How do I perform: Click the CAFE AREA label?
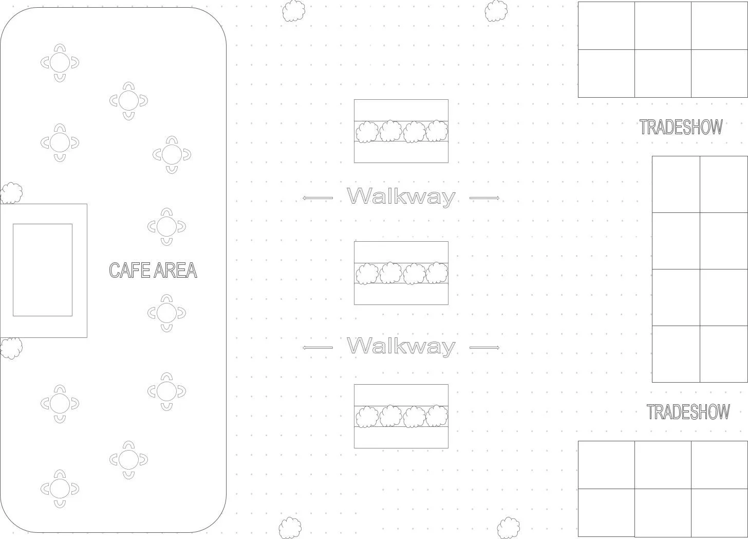coord(153,271)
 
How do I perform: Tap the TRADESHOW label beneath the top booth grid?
coord(681,127)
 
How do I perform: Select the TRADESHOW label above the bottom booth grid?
coord(688,412)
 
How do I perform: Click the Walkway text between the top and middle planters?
coord(401,196)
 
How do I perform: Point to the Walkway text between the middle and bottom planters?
coord(401,346)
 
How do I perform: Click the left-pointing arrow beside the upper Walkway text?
coord(317,198)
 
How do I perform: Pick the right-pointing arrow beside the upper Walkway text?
coord(484,198)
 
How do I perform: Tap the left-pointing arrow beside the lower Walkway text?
coord(317,348)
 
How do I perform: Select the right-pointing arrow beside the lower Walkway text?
coord(484,348)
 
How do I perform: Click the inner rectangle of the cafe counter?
coord(43,270)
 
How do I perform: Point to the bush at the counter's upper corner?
coord(11,193)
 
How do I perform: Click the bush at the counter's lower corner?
coord(11,348)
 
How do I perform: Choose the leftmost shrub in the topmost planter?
coord(367,132)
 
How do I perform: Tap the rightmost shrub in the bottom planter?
coord(437,416)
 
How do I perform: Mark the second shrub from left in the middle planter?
coord(390,273)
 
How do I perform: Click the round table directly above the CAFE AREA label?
coord(166,226)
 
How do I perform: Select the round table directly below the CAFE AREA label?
coord(166,313)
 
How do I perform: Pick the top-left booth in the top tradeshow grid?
coord(606,26)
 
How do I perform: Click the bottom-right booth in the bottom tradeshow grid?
coord(719,512)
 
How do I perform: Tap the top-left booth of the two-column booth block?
coord(676,184)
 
